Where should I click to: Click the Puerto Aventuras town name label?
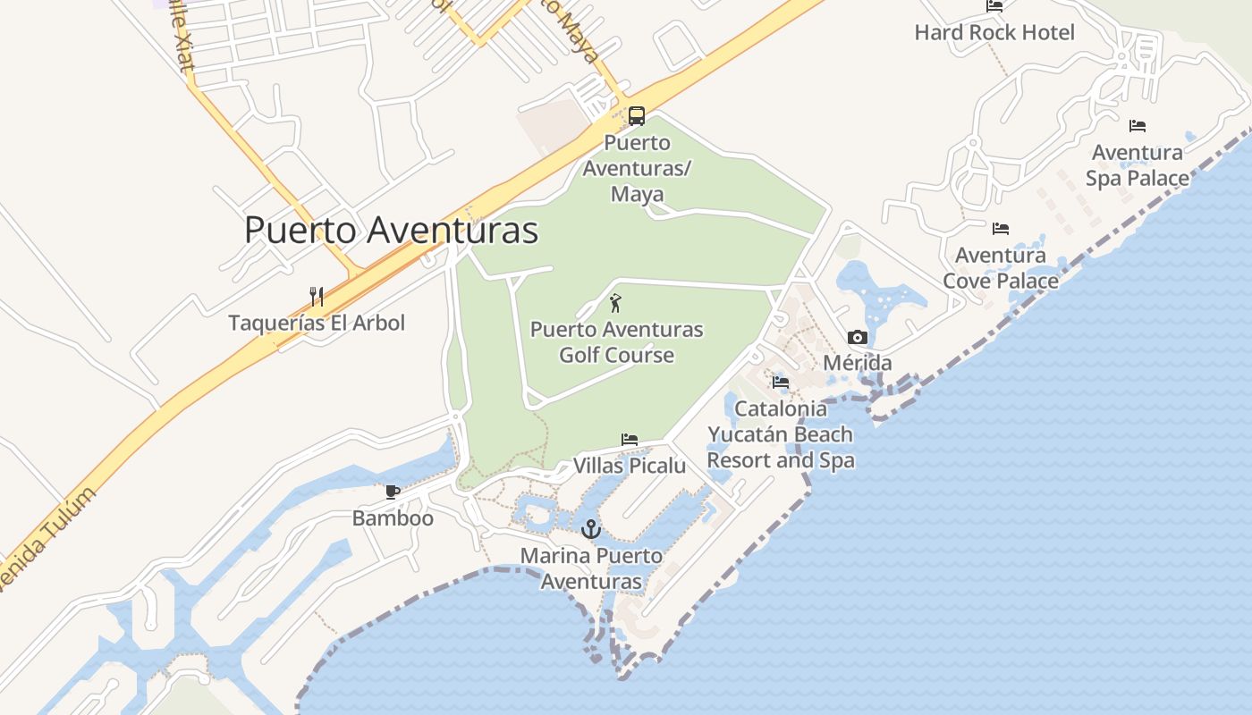click(x=391, y=230)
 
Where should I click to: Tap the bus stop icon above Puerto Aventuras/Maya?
click(x=636, y=115)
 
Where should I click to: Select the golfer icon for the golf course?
click(x=615, y=304)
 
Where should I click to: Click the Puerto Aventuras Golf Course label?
click(x=616, y=342)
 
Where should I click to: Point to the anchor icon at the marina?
click(x=590, y=529)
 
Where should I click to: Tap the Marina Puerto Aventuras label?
click(x=591, y=568)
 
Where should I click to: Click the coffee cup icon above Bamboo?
click(x=392, y=492)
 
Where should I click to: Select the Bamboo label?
click(x=393, y=518)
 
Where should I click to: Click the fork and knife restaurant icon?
click(x=316, y=296)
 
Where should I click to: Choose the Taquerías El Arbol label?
click(x=317, y=323)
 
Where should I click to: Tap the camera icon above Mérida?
click(x=857, y=337)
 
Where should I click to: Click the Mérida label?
click(x=857, y=363)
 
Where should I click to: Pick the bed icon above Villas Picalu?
click(x=630, y=440)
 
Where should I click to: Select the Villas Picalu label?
click(x=630, y=466)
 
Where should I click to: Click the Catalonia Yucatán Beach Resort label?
click(x=781, y=434)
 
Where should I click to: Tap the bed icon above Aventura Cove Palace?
click(x=1000, y=229)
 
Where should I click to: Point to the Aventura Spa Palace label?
click(x=1138, y=165)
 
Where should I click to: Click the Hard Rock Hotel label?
click(x=994, y=33)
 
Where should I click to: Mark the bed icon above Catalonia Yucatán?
click(x=781, y=383)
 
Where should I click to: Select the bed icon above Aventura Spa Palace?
click(x=1137, y=126)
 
